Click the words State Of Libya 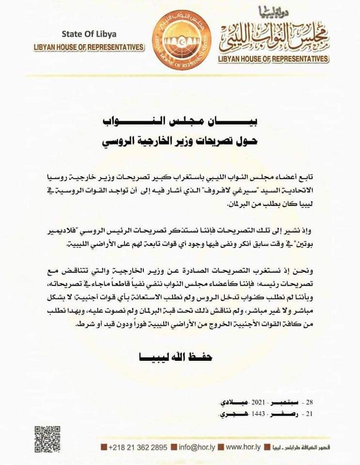pyautogui.click(x=89, y=34)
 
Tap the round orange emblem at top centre pyautogui.click(x=183, y=42)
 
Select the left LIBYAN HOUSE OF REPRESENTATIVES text pyautogui.click(x=89, y=47)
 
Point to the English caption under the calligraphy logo pyautogui.click(x=274, y=59)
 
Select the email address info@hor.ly pyautogui.click(x=196, y=446)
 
